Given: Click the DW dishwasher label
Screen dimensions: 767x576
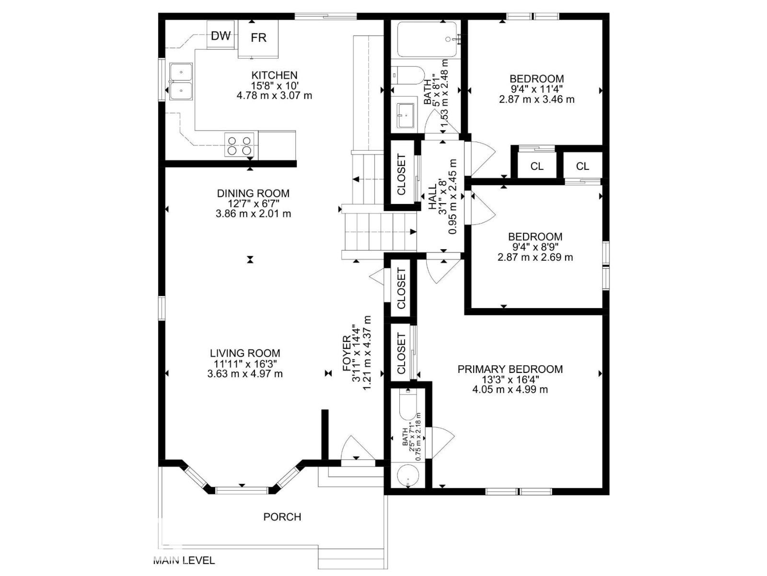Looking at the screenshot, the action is coord(221,36).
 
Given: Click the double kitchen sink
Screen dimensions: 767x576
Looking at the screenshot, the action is coord(181,82).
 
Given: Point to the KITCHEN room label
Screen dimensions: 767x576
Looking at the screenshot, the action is coord(274,75).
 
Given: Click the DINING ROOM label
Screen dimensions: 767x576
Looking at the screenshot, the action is coord(253,193).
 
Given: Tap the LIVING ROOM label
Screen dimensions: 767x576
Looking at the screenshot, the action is coord(245,353).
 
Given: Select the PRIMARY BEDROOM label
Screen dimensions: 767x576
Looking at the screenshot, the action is coord(510,369).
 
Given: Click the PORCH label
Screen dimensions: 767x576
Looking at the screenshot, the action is coord(282,517).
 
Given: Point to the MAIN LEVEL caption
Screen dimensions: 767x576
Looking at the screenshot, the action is coord(184,561).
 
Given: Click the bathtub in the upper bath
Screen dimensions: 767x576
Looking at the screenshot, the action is coord(427,39).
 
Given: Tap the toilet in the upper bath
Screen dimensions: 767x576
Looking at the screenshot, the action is coord(407,75).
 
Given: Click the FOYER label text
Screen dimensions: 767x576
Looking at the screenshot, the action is coord(347,353).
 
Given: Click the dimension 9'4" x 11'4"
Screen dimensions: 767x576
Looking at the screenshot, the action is coord(537,90).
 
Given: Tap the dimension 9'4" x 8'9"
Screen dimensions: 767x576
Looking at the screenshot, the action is coord(535,248).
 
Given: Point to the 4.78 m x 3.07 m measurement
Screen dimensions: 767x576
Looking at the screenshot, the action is coord(274,95).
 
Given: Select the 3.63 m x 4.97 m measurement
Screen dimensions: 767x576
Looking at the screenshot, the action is coord(245,373).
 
